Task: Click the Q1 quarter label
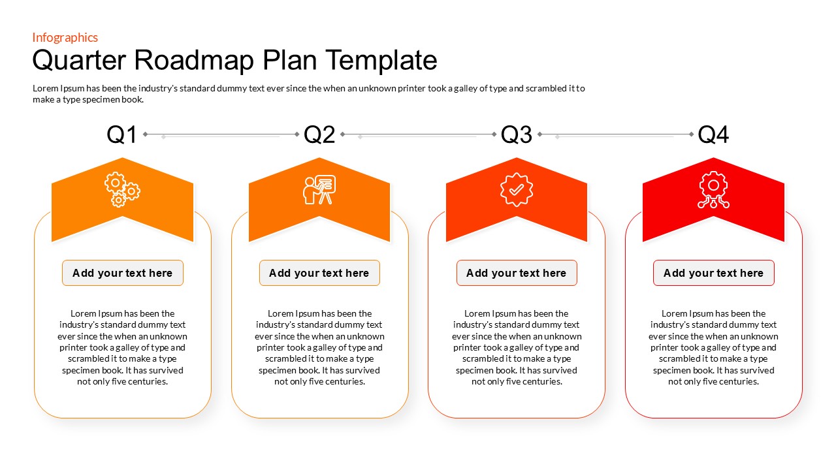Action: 122,134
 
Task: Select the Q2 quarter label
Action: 319,134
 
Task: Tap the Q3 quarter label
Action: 517,134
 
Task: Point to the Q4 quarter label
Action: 713,134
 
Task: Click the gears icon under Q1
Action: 122,189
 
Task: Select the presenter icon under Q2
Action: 319,189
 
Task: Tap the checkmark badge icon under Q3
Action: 517,189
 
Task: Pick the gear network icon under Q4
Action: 713,190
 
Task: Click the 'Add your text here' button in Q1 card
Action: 123,273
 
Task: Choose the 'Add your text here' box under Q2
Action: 319,273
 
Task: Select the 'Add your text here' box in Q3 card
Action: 517,273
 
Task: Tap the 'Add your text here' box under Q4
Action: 713,273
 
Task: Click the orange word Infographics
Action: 65,37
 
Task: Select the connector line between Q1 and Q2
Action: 221,134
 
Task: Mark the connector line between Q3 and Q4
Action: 615,134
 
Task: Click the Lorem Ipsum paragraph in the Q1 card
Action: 123,347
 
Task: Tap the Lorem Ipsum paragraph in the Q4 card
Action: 713,347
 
